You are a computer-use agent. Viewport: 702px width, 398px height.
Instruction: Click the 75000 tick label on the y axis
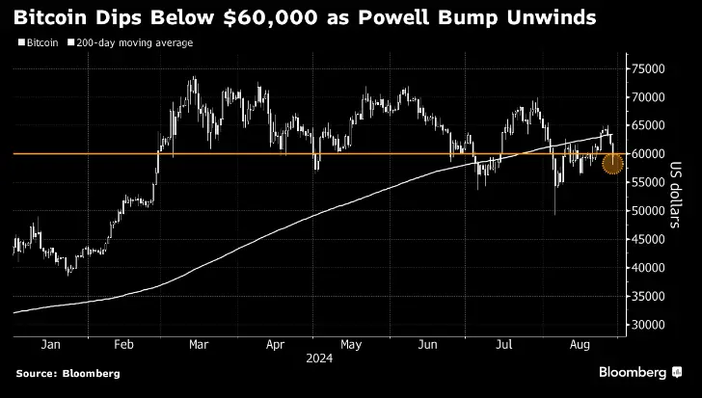649,69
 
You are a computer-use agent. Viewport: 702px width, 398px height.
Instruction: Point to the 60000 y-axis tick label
649,154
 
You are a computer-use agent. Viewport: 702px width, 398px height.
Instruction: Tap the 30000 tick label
649,325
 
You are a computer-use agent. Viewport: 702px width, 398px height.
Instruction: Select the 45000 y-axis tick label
649,240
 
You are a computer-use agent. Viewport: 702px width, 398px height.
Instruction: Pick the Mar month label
199,343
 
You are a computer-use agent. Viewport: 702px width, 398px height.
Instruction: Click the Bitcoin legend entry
37,43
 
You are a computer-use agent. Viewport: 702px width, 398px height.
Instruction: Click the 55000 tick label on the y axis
649,183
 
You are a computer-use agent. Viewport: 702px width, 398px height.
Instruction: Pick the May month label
352,343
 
